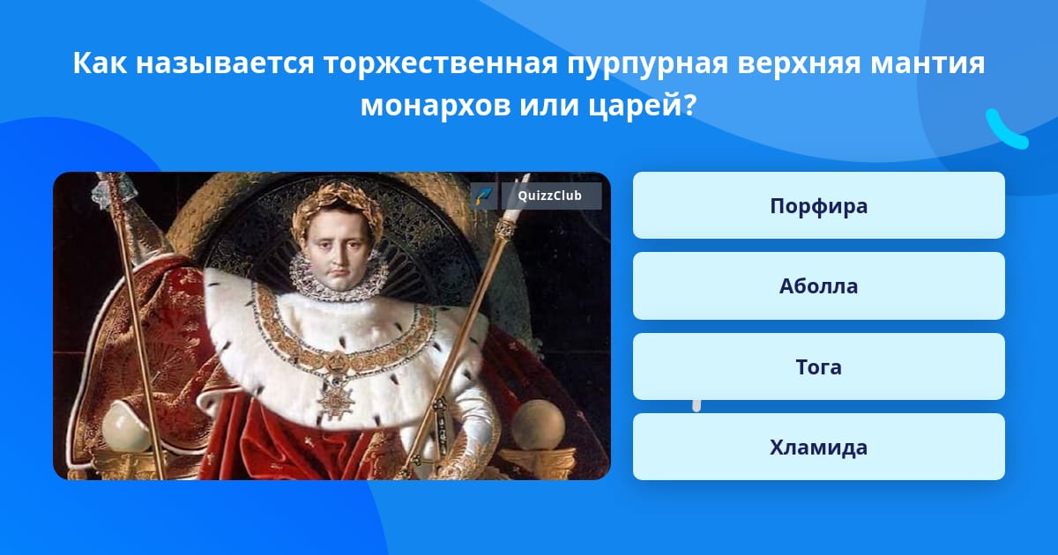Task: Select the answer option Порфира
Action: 818,205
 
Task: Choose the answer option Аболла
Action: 818,286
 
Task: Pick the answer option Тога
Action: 818,366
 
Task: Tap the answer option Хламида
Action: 818,447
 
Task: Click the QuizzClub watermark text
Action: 549,196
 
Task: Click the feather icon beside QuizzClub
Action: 484,196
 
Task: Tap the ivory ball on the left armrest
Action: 126,427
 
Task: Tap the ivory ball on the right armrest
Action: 539,424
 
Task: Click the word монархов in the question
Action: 435,106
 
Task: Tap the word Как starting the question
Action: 100,63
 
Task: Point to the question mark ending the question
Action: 689,105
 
